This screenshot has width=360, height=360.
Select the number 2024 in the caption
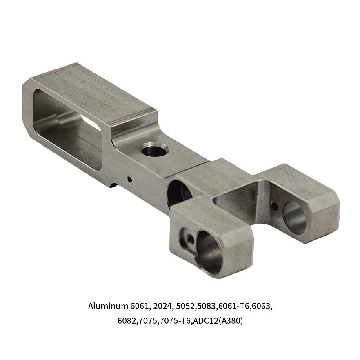click(162, 306)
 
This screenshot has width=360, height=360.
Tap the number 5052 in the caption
click(185, 306)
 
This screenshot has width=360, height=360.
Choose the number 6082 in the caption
click(127, 320)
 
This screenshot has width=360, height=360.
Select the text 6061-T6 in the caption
click(234, 306)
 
